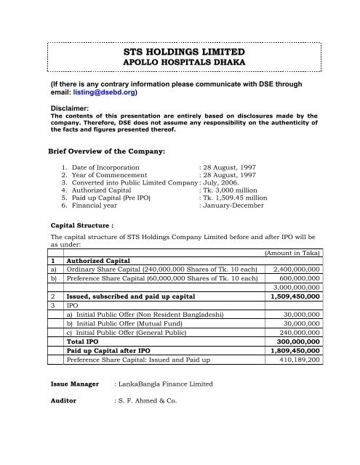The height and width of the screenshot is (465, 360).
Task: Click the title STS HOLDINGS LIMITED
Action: tap(180, 53)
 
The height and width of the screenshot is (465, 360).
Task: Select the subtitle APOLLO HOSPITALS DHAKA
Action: tap(180, 65)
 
